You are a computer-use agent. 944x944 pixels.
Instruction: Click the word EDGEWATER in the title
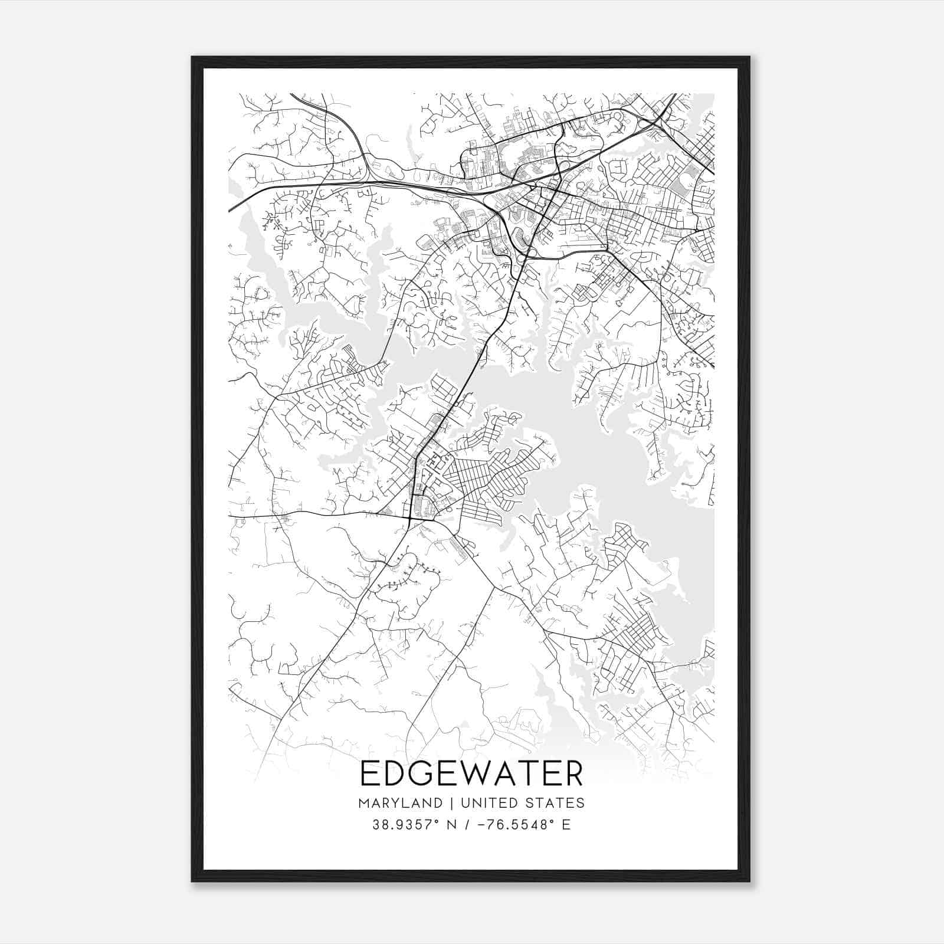pos(471,774)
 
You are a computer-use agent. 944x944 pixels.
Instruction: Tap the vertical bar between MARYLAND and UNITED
pos(451,803)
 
